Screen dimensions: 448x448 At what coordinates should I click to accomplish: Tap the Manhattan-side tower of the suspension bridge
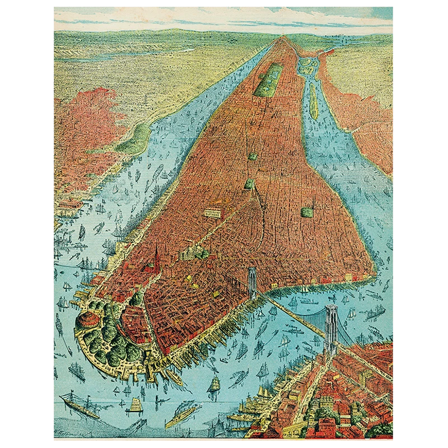click(x=252, y=283)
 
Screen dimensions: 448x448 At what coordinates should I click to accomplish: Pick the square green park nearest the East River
click(x=307, y=212)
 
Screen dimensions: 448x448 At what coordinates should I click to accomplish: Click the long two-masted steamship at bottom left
click(x=78, y=404)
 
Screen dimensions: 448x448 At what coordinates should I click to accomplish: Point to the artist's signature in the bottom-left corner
click(x=67, y=431)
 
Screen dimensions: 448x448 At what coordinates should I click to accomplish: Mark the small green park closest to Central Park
click(x=253, y=157)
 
